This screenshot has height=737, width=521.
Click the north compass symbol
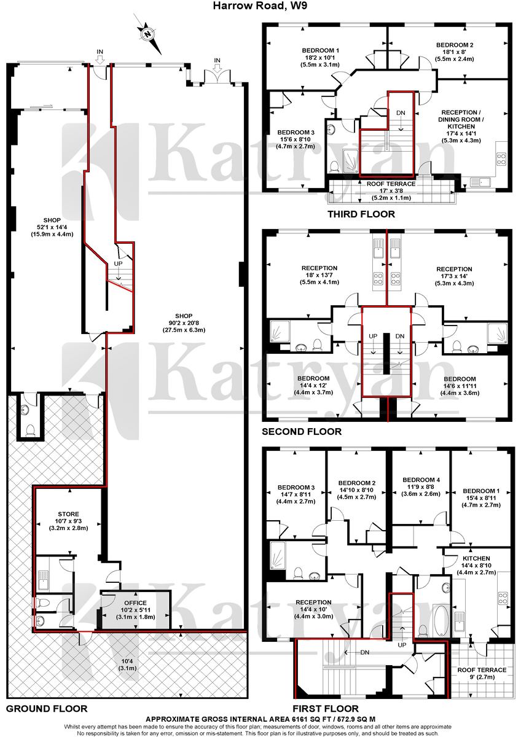(148, 34)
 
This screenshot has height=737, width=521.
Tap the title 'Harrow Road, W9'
(260, 6)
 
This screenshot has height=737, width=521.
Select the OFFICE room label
(135, 602)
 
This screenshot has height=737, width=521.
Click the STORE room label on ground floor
(68, 514)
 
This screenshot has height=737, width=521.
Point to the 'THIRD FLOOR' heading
(361, 214)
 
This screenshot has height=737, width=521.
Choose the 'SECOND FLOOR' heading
(302, 431)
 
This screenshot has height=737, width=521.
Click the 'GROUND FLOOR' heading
(47, 708)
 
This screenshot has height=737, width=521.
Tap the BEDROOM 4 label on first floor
(421, 480)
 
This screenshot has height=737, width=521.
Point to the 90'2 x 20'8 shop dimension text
(184, 323)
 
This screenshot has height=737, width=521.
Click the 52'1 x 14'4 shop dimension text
(52, 227)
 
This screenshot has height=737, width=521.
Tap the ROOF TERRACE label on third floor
(391, 184)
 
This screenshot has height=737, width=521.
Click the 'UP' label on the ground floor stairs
(118, 263)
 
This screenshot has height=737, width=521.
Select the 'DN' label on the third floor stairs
(401, 113)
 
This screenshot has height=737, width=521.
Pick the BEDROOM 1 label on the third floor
(321, 50)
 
